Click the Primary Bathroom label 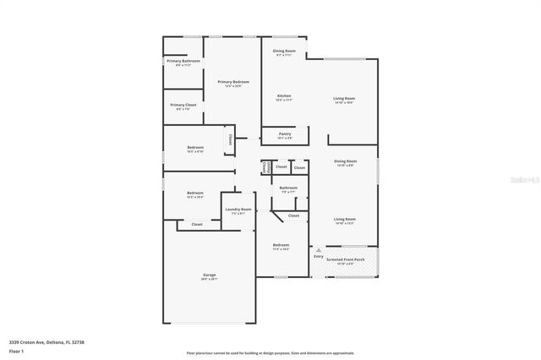183,61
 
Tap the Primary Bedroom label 233,81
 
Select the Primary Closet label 183,105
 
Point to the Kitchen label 284,95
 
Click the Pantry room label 285,133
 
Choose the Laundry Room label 238,209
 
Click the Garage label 210,275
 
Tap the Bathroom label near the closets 288,187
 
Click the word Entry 318,256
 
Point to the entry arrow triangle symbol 318,249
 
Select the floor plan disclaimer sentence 270,352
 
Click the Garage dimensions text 210,279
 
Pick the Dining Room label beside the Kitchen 284,51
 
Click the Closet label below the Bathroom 293,215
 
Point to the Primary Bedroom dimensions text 233,85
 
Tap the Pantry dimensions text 285,137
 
